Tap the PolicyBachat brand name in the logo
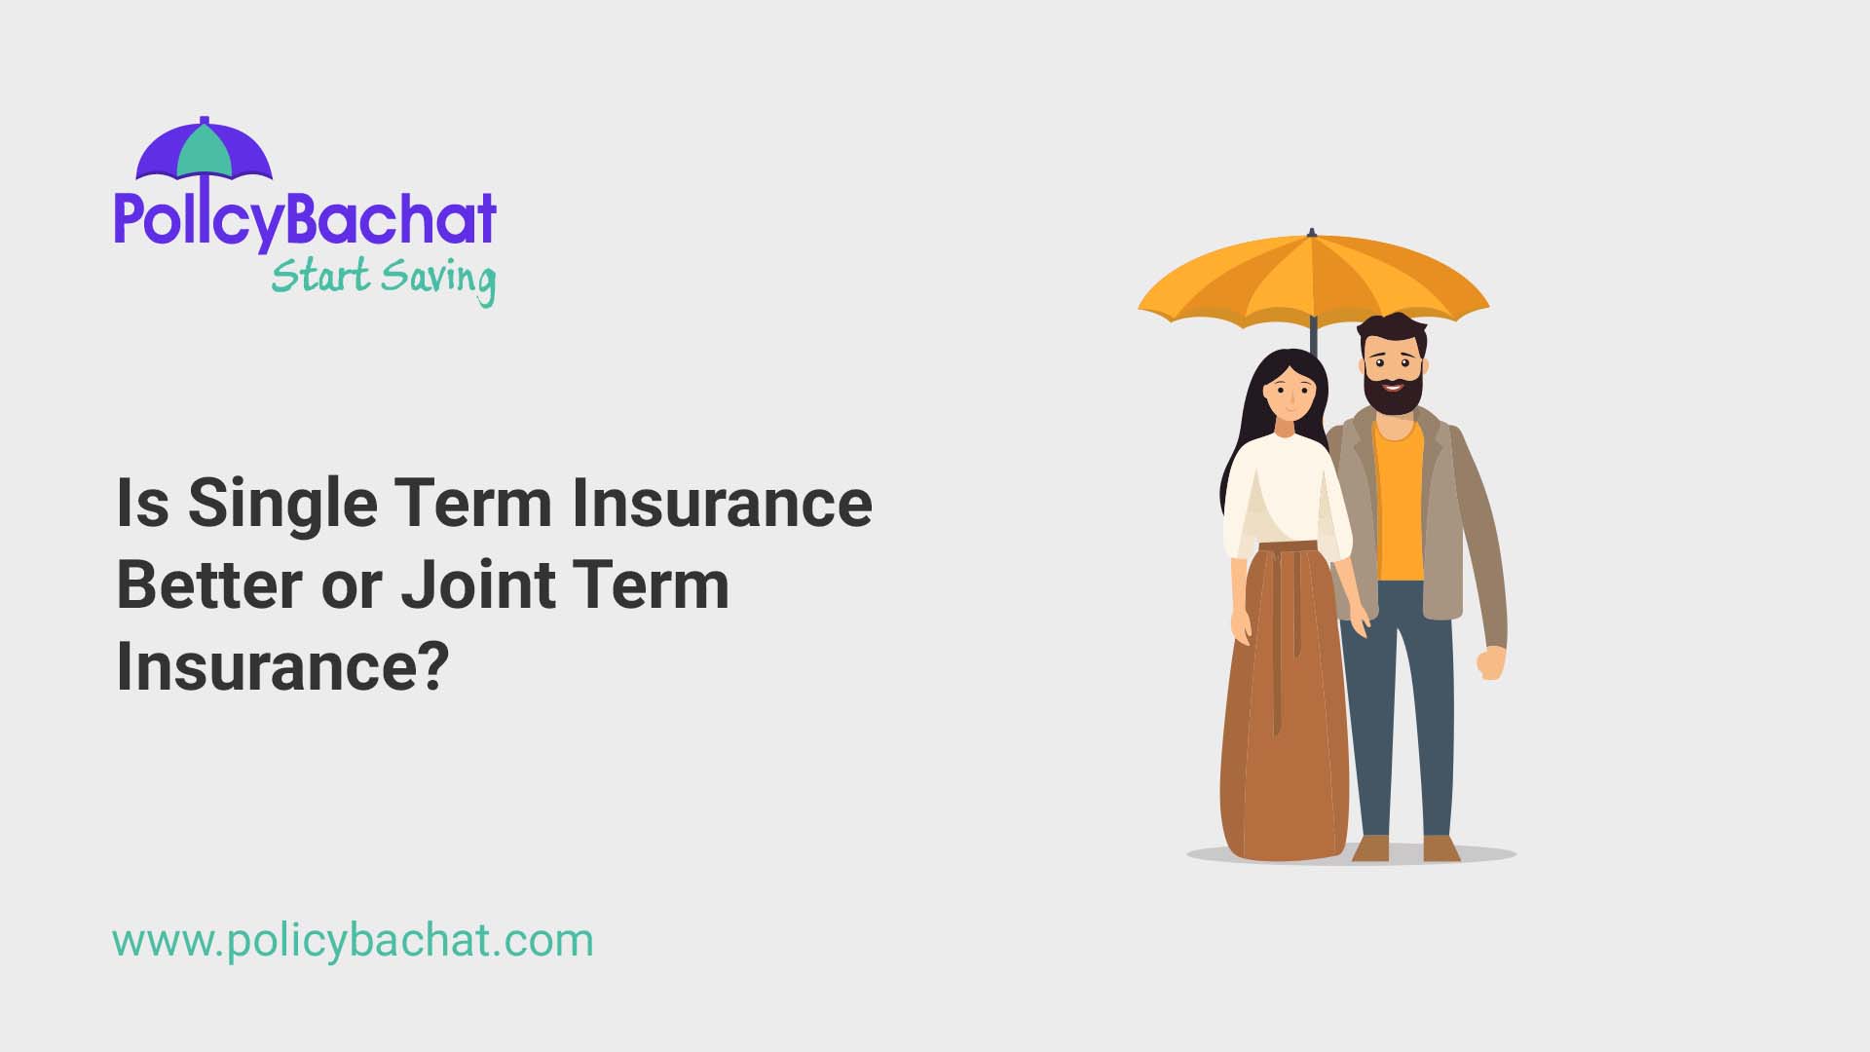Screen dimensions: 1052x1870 [305, 219]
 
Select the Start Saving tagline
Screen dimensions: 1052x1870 [383, 278]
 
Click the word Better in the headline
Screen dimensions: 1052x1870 [209, 584]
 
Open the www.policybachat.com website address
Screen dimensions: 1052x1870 [353, 941]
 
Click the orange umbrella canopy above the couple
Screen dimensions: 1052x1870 [1312, 278]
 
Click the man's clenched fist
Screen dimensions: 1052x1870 [1490, 664]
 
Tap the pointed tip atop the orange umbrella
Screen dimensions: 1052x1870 [1312, 234]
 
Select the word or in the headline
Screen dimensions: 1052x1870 [351, 586]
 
